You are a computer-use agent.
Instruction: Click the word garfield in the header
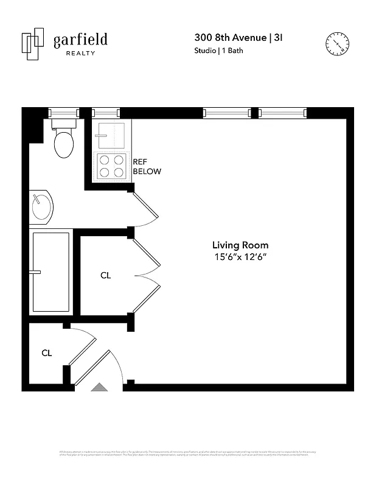coord(80,40)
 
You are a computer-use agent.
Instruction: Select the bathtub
coord(52,272)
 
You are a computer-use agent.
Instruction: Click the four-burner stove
coord(111,165)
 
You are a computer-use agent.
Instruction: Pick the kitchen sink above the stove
coord(110,135)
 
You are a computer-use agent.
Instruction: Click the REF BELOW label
coord(147,167)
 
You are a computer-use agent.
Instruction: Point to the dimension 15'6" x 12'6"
coord(240,257)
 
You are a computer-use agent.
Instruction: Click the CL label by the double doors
coord(105,275)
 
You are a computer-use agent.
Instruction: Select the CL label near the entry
coord(47,352)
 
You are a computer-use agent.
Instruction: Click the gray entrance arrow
coord(98,387)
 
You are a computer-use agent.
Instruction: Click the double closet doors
coord(147,273)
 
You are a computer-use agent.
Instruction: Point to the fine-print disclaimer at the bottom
coord(188,453)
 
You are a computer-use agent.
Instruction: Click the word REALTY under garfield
coord(80,53)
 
